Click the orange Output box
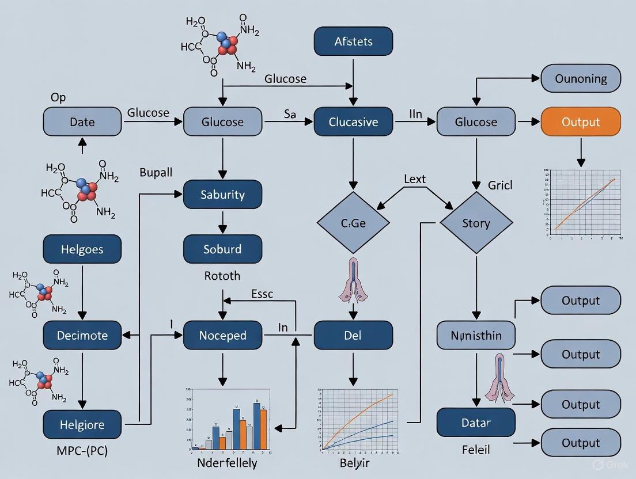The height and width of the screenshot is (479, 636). (x=581, y=122)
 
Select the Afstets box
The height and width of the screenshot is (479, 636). (x=353, y=41)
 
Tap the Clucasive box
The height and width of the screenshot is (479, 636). (x=353, y=122)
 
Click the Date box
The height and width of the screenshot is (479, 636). (x=82, y=122)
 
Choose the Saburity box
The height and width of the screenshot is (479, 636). (x=222, y=195)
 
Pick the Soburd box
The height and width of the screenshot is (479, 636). (x=222, y=249)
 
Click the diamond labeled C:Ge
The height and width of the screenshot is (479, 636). (x=353, y=223)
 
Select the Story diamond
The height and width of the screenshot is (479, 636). (x=476, y=223)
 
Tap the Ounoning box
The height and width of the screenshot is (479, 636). (x=581, y=79)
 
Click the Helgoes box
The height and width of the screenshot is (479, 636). (x=82, y=249)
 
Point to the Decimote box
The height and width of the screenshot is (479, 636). (x=82, y=335)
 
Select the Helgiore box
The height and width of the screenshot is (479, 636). (x=82, y=425)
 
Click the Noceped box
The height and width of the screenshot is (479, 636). (x=222, y=335)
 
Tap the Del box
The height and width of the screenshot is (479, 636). (x=353, y=335)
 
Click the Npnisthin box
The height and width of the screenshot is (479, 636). (x=476, y=335)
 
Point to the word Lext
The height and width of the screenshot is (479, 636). (x=415, y=179)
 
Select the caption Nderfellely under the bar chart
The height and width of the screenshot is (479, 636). (x=227, y=463)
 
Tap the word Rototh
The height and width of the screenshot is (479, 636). (x=222, y=276)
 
